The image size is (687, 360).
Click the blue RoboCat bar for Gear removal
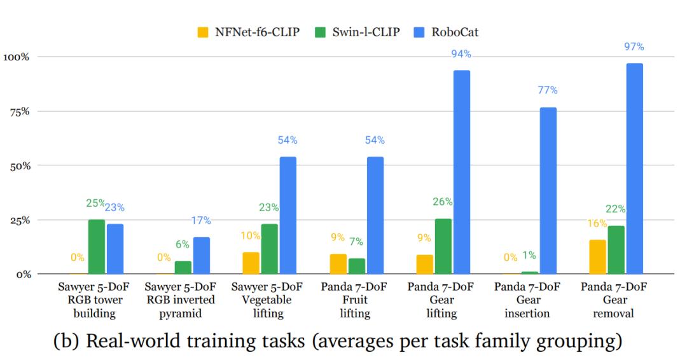pyautogui.click(x=634, y=169)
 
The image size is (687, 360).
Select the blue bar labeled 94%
pyautogui.click(x=462, y=172)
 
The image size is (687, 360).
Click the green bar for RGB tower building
pyautogui.click(x=97, y=247)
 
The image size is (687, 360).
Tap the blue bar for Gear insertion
pyautogui.click(x=548, y=191)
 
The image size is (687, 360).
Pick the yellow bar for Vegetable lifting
pyautogui.click(x=251, y=263)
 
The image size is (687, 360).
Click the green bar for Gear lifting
pyautogui.click(x=443, y=246)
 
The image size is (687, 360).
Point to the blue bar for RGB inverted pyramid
pyautogui.click(x=202, y=256)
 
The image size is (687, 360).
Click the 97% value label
pyautogui.click(x=634, y=46)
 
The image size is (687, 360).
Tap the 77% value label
pyautogui.click(x=548, y=90)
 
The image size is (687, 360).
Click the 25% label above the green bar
pyautogui.click(x=95, y=204)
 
